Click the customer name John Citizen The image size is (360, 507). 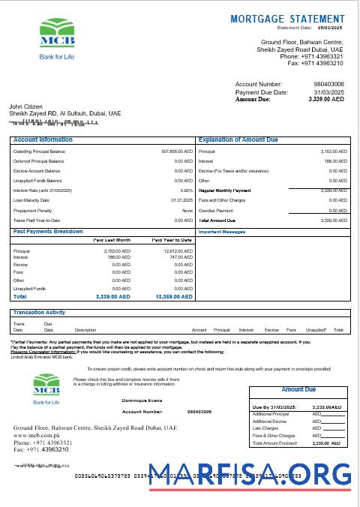click(x=25, y=106)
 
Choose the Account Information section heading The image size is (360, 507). click(x=43, y=140)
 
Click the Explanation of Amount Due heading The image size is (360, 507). click(x=238, y=140)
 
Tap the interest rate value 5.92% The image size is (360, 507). click(x=187, y=190)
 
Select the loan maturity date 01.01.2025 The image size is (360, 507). click(x=182, y=200)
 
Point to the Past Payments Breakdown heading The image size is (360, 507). click(x=48, y=231)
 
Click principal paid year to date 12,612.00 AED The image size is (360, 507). click(x=176, y=251)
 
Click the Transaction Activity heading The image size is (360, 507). click(x=39, y=312)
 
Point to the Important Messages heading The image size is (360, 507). click(x=223, y=232)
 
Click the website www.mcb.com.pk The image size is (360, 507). click(x=37, y=434)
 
